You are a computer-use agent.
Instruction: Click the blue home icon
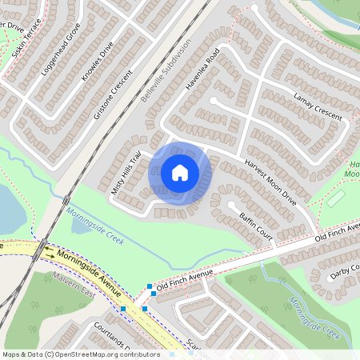pyautogui.click(x=180, y=173)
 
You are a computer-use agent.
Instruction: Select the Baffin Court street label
pyautogui.click(x=256, y=225)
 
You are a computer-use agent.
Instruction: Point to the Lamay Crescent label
pyautogui.click(x=318, y=107)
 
